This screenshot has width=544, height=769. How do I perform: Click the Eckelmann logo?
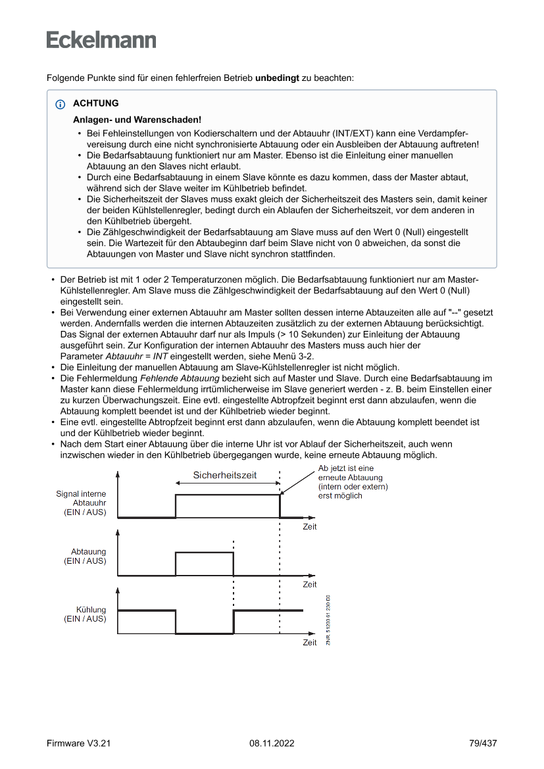[x=101, y=40]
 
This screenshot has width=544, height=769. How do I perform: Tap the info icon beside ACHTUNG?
[x=61, y=104]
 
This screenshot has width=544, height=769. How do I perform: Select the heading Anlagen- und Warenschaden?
[x=137, y=120]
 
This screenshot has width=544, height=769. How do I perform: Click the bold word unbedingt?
[x=277, y=78]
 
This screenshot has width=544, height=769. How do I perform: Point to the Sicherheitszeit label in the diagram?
[x=224, y=475]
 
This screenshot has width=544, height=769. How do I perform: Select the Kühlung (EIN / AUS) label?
[x=85, y=614]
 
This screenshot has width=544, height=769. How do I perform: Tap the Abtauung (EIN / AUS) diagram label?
[x=85, y=557]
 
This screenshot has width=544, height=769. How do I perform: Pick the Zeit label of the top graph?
[x=309, y=527]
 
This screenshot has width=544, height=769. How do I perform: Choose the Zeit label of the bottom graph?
[x=309, y=643]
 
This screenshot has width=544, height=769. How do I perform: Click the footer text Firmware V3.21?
[x=79, y=743]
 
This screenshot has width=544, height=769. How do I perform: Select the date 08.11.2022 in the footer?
[x=272, y=743]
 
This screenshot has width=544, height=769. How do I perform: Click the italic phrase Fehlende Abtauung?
[x=180, y=378]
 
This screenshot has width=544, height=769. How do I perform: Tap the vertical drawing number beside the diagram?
[x=328, y=620]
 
